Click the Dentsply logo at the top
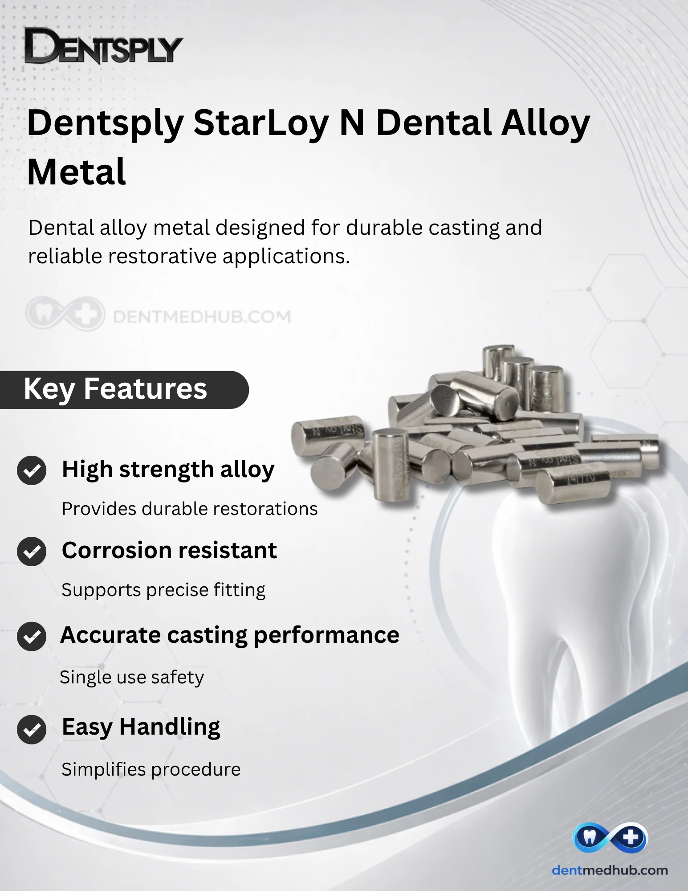coord(103,46)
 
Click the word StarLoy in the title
coord(262,123)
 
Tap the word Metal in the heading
coord(77,172)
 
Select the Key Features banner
coord(124,389)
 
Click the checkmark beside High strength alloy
coord(32,470)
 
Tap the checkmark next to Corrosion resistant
coord(32,552)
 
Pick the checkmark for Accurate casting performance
coord(32,636)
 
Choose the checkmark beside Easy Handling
coord(32,729)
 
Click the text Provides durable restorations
coord(190,509)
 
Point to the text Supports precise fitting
coord(163,590)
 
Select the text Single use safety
coord(132,677)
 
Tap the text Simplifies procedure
coord(151,769)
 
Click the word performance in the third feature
coord(326,636)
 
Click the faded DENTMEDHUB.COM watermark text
coord(202,317)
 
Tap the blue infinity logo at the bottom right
coord(610,838)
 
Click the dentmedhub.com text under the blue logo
coord(610,870)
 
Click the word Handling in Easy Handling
coord(170,728)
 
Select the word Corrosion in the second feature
coord(114,551)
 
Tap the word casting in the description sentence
coord(464,228)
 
